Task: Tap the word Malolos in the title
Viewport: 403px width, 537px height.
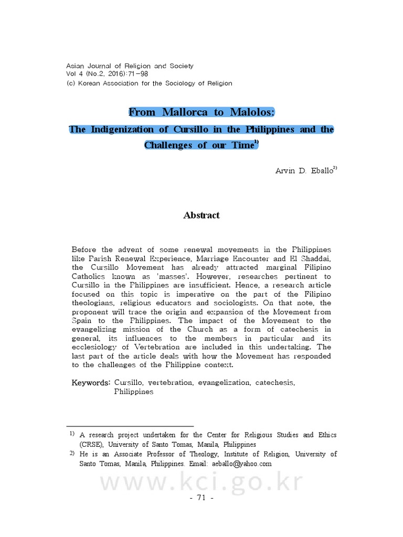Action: pyautogui.click(x=250, y=112)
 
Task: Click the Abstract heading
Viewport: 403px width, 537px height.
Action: pyautogui.click(x=201, y=215)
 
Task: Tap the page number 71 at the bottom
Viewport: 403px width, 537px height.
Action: pyautogui.click(x=201, y=498)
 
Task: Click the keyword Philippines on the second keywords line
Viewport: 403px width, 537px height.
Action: pyautogui.click(x=134, y=391)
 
